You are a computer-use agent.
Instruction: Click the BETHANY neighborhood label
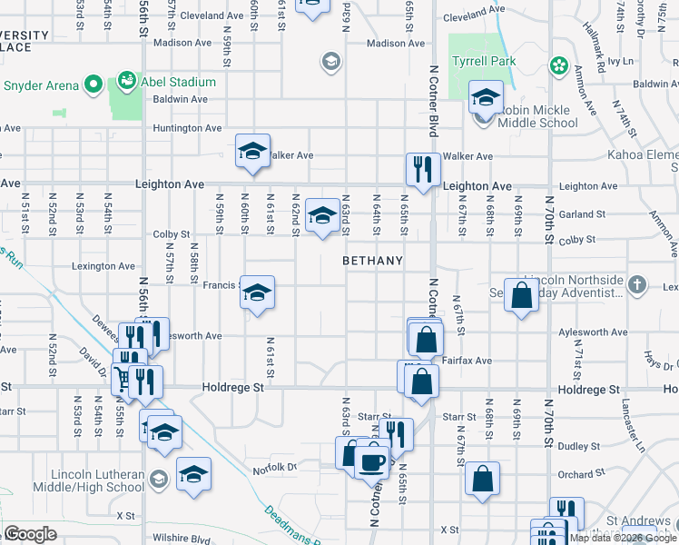(x=372, y=261)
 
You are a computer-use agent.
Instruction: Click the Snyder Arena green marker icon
(x=93, y=85)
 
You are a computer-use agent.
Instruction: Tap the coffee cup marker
(x=371, y=461)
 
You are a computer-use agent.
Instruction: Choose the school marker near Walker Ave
(x=253, y=151)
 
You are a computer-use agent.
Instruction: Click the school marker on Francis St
(x=258, y=292)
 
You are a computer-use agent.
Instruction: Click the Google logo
(x=30, y=534)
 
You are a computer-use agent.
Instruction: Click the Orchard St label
(x=576, y=474)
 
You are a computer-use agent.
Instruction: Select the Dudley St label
(x=576, y=446)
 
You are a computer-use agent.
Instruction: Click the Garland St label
(x=582, y=214)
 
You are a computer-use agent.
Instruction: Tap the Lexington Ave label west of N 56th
(x=103, y=266)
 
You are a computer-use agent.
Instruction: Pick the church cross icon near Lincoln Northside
(x=638, y=284)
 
